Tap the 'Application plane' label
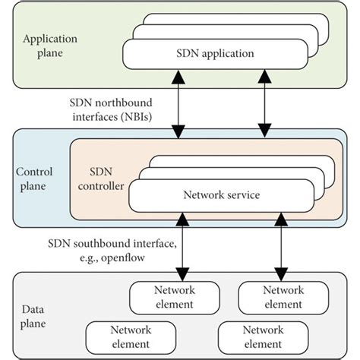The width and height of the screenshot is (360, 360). point(50,46)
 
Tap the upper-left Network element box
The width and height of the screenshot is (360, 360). point(175,297)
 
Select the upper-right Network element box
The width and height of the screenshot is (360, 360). point(283,297)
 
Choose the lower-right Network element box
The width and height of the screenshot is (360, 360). point(263,336)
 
